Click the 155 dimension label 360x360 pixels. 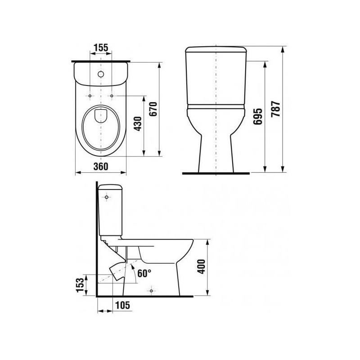click(x=101, y=48)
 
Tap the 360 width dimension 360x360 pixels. click(x=101, y=166)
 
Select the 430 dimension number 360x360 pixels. click(x=138, y=124)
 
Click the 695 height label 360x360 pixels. click(x=257, y=117)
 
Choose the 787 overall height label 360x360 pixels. click(x=275, y=109)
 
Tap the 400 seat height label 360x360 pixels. click(x=201, y=266)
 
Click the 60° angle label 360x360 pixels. click(x=144, y=273)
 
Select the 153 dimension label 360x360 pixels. click(x=81, y=285)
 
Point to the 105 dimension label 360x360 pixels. click(x=122, y=305)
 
